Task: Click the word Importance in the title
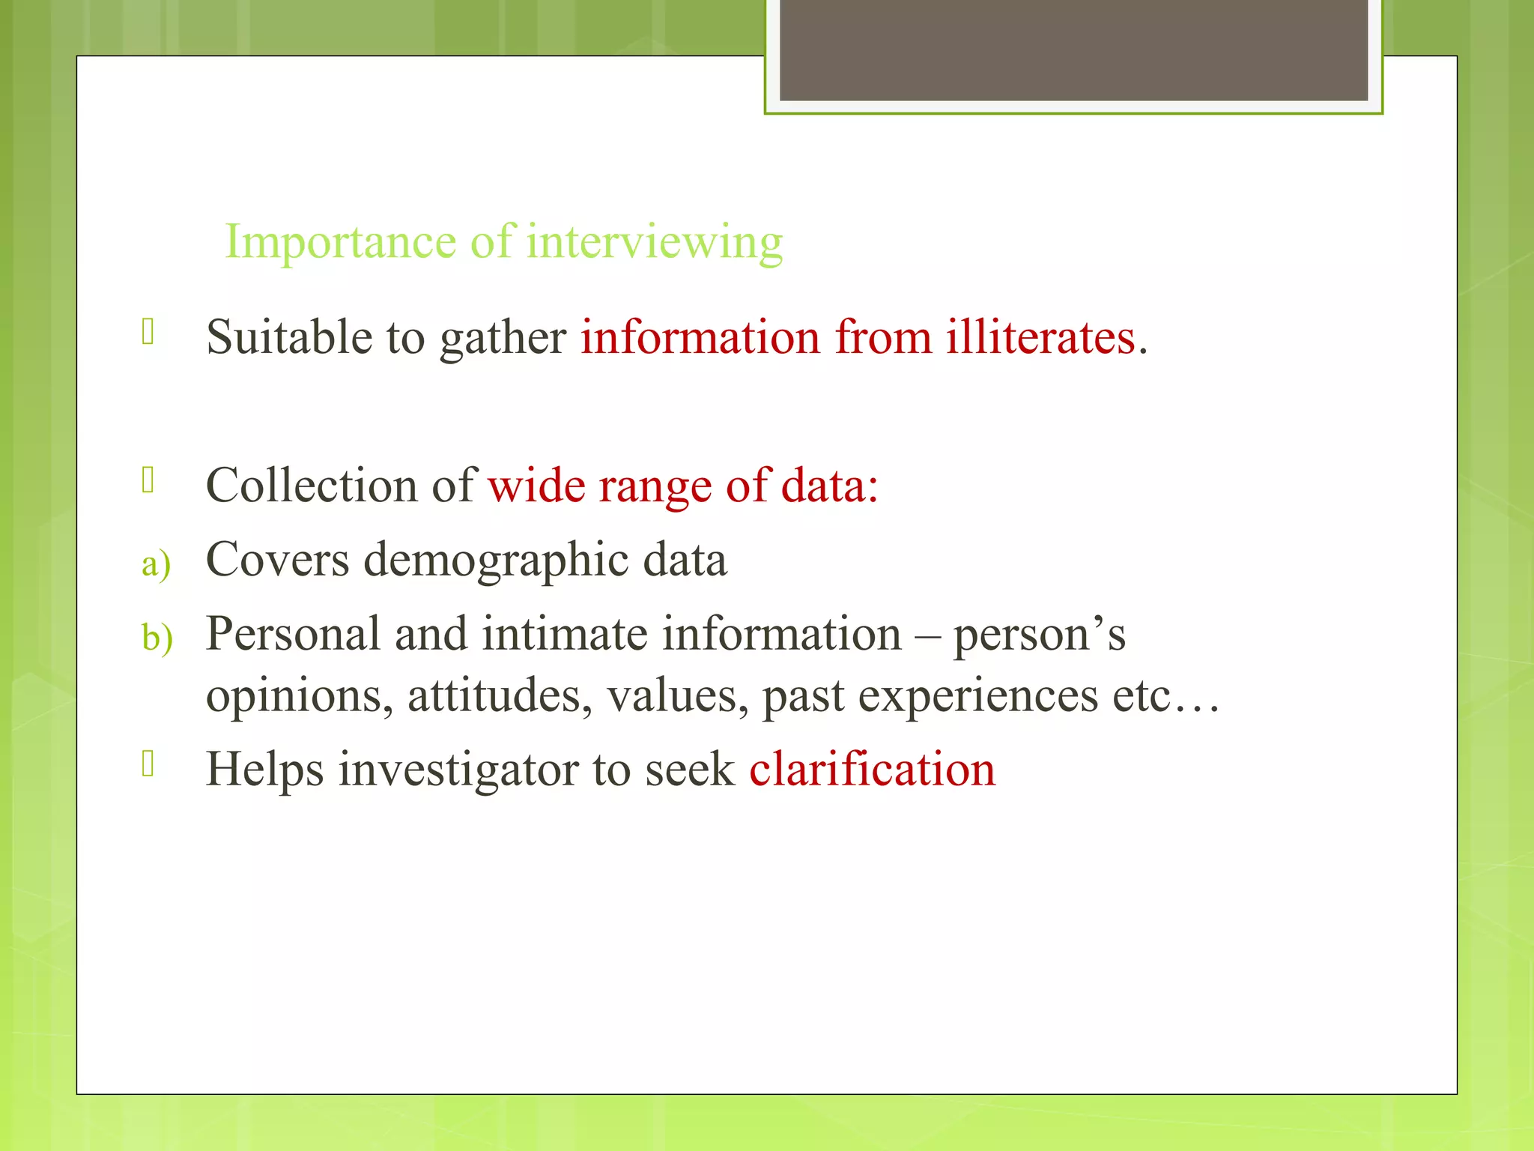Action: point(340,243)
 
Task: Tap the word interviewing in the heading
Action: point(654,243)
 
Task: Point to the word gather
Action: point(503,339)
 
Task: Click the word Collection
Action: point(311,485)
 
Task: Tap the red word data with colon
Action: point(829,485)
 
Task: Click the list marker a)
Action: point(156,564)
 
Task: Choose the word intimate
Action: point(564,633)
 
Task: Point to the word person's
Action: point(1039,635)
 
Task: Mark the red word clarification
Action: point(872,769)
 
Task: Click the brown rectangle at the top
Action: point(1073,49)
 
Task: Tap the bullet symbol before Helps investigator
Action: point(148,764)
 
